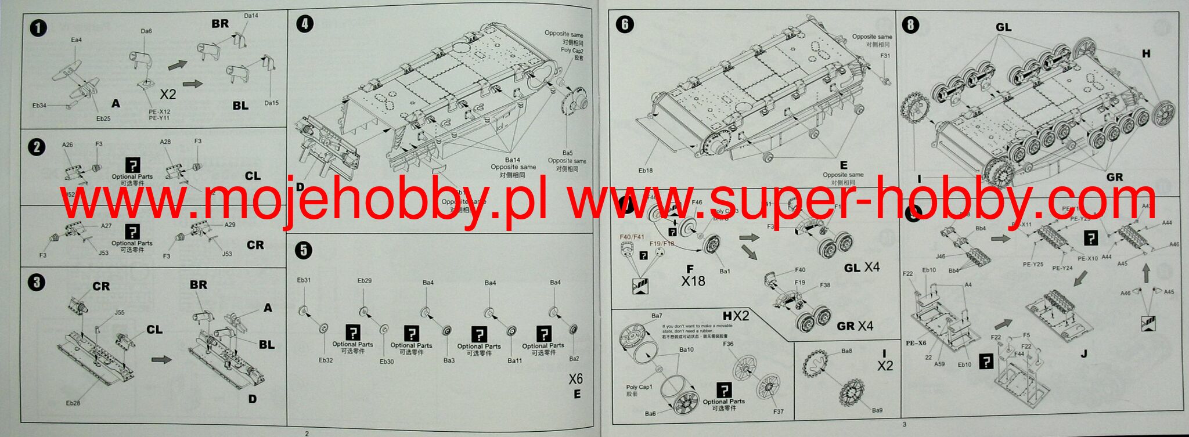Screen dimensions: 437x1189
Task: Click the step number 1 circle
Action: [x=38, y=28]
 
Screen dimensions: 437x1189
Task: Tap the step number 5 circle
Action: [x=303, y=250]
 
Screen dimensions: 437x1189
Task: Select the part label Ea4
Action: [x=76, y=39]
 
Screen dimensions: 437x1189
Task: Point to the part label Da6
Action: [x=146, y=31]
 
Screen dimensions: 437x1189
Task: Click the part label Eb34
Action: [x=39, y=106]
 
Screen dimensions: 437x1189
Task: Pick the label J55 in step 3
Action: [x=119, y=312]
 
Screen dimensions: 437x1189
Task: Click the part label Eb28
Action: [x=73, y=403]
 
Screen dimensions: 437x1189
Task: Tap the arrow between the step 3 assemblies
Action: [x=161, y=360]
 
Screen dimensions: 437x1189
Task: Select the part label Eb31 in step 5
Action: [x=304, y=280]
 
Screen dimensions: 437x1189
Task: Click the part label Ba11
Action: [x=514, y=361]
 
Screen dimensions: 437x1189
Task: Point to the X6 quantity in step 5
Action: [x=575, y=379]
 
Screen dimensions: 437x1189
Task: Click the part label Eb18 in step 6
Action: [x=645, y=171]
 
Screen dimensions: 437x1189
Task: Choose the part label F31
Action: [x=885, y=56]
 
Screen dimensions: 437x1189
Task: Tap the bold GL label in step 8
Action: [x=1003, y=27]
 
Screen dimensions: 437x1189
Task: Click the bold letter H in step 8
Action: [x=1145, y=54]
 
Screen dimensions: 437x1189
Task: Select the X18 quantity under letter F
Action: [x=693, y=281]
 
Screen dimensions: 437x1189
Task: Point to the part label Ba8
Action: [x=846, y=351]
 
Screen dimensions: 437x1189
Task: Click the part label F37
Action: [x=778, y=411]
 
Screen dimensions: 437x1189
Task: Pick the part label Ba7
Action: [x=657, y=316]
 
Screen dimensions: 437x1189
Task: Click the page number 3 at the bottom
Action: [x=904, y=424]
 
